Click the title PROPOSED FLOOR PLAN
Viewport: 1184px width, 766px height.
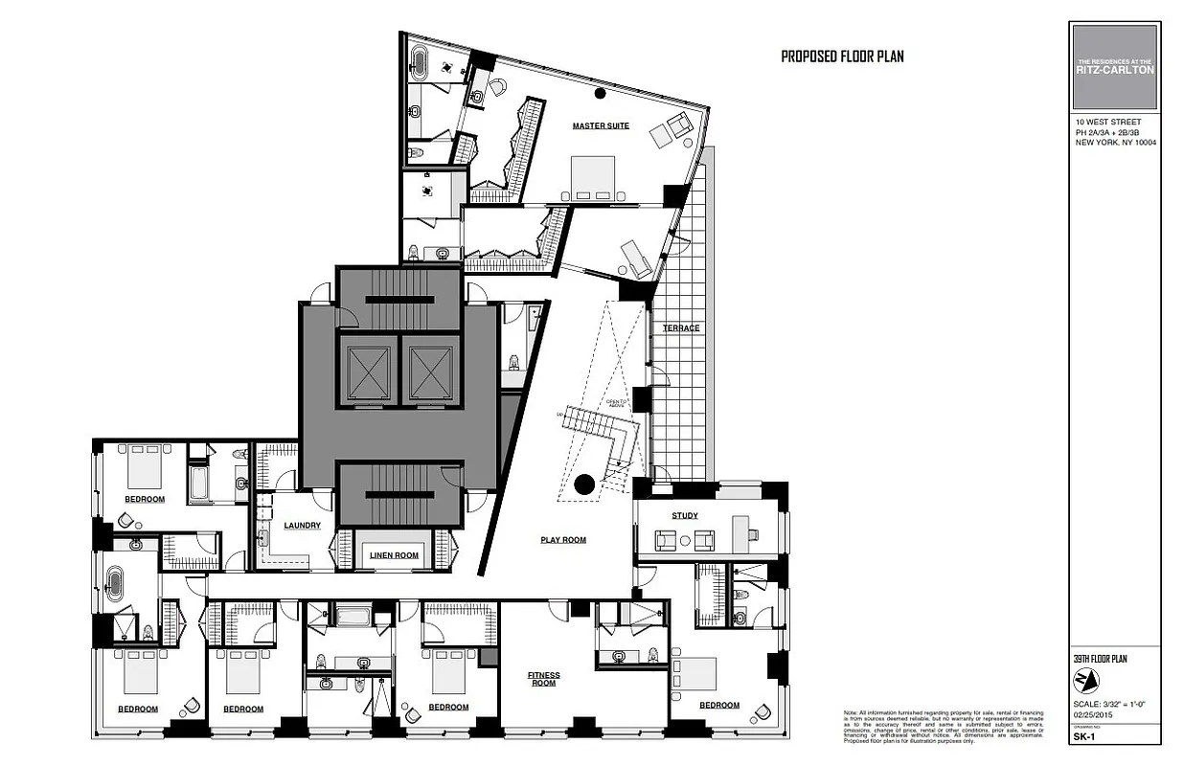point(842,56)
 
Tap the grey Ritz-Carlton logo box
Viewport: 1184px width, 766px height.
point(1115,66)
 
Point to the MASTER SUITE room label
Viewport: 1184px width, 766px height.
point(601,126)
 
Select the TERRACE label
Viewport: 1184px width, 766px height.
point(681,328)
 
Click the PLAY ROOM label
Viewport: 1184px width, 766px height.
point(562,540)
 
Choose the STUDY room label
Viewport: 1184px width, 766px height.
point(684,515)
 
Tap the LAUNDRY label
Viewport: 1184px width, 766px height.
point(302,525)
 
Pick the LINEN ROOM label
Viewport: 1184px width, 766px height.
point(394,555)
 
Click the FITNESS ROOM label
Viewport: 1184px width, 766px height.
point(543,680)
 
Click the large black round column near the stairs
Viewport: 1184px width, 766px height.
point(581,484)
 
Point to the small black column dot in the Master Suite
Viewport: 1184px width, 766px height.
point(601,93)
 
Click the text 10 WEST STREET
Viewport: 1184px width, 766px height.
point(1103,124)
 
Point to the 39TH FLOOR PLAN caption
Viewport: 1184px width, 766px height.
point(1100,659)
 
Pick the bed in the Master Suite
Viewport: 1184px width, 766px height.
point(594,178)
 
